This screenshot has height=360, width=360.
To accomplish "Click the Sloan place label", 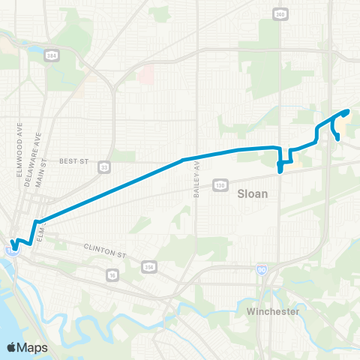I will [x=252, y=193].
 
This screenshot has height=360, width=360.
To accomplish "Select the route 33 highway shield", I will [x=103, y=166].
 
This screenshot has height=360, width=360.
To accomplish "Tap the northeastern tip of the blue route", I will [x=348, y=111].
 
